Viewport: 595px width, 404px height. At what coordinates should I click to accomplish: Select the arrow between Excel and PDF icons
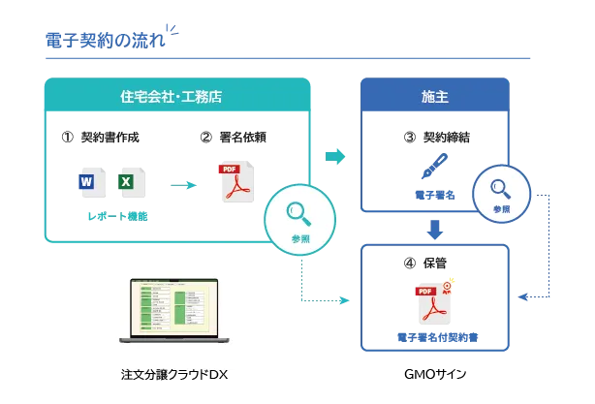pos(185,183)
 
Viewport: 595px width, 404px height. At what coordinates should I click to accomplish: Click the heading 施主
pos(434,97)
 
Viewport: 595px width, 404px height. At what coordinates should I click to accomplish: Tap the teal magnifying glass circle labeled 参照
pos(300,219)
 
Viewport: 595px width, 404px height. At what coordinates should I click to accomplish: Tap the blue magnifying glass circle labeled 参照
pos(501,193)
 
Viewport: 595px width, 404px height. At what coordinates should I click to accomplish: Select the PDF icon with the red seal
pos(436,303)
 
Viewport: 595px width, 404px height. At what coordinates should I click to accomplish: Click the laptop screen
pos(174,307)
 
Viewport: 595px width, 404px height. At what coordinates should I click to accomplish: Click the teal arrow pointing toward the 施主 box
pos(336,155)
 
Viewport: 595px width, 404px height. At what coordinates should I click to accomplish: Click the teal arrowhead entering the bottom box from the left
pos(342,301)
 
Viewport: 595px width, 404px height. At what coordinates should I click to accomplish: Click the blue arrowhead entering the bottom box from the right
pos(523,295)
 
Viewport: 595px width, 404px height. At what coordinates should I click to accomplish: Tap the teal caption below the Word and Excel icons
pos(118,216)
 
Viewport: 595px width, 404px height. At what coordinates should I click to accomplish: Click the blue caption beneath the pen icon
pos(433,194)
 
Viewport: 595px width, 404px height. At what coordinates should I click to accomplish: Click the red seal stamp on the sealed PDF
pos(447,287)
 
